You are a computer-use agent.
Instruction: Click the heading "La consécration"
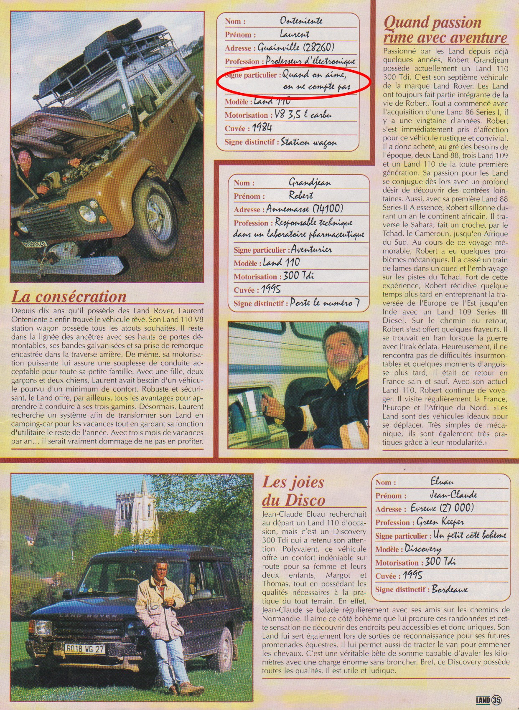69,297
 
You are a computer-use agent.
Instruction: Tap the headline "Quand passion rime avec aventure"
445,30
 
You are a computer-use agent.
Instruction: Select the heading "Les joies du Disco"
293,491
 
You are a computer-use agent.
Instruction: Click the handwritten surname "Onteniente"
301,20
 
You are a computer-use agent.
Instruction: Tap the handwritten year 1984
262,128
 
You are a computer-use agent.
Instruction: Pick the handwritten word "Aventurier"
311,249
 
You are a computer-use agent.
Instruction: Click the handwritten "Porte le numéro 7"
325,303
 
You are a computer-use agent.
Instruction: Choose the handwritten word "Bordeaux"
450,589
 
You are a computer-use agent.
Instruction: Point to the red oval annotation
294,81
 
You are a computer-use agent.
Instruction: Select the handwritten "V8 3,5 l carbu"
303,114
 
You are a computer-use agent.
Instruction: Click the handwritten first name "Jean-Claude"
453,495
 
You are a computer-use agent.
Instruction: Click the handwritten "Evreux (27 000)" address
442,508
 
